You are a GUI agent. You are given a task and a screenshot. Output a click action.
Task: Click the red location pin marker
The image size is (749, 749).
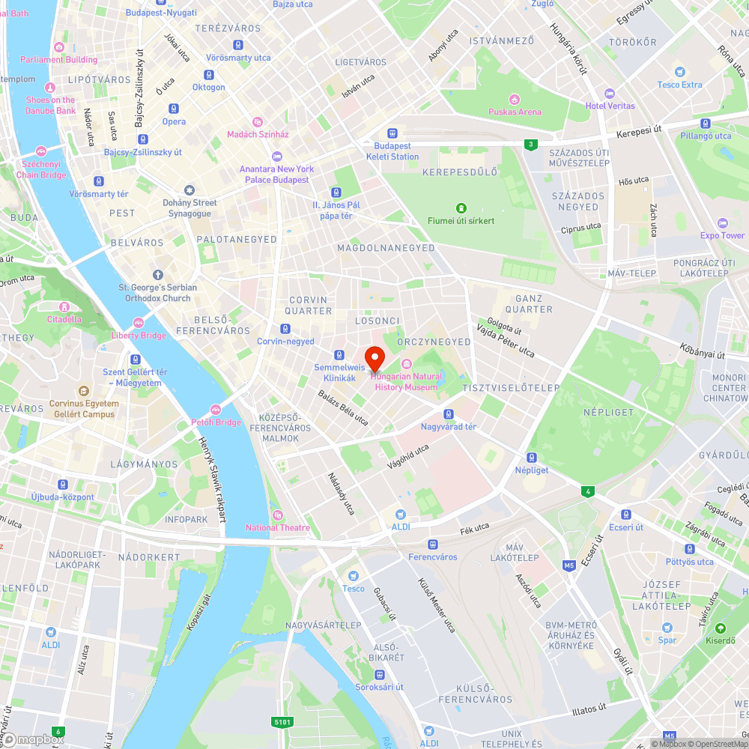(x=374, y=357)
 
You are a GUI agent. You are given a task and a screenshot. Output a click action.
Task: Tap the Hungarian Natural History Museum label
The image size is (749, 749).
(x=406, y=381)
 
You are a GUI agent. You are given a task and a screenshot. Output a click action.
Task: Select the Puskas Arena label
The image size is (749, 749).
(x=515, y=112)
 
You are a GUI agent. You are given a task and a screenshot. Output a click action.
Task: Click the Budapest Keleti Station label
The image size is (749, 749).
(x=392, y=151)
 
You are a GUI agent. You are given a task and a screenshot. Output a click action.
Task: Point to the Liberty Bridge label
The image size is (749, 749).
(x=139, y=336)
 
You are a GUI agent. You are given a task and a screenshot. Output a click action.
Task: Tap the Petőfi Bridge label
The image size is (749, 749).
(x=216, y=422)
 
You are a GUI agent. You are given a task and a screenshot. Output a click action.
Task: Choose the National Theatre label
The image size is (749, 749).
(x=278, y=527)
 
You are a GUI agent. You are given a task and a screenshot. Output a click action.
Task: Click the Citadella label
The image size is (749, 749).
(x=64, y=319)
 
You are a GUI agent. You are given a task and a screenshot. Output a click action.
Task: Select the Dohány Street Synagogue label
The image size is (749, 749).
(x=189, y=207)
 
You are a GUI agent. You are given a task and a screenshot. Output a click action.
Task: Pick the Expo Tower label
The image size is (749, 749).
(x=722, y=235)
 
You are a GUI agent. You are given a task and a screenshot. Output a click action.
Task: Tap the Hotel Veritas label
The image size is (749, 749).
(x=610, y=106)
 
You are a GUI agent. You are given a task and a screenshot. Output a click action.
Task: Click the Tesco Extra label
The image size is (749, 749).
(x=680, y=85)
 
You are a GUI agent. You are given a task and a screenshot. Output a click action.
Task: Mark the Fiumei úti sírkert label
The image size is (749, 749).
(x=461, y=220)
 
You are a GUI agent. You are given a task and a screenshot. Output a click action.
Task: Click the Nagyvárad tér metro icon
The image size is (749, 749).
(x=448, y=414)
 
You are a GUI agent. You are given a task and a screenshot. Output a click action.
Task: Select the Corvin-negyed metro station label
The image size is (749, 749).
(x=285, y=341)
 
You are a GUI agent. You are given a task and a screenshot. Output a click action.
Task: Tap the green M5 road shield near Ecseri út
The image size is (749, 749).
(x=569, y=565)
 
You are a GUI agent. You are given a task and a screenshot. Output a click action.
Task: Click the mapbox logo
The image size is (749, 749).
(x=34, y=739)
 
